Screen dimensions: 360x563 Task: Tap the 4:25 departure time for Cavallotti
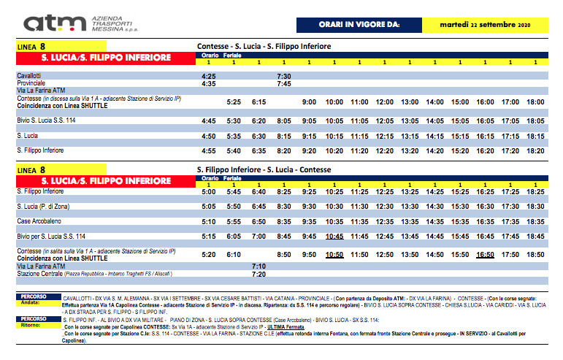coord(209,75)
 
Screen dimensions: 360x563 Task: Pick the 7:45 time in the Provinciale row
coord(284,83)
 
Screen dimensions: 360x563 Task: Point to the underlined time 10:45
coord(334,237)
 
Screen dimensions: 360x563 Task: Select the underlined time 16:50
coord(485,255)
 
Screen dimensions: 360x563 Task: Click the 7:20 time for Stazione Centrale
coord(258,275)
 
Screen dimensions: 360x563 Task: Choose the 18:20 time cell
coord(535,151)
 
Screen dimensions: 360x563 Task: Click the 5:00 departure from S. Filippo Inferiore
coord(209,191)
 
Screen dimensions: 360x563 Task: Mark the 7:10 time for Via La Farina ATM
coord(258,267)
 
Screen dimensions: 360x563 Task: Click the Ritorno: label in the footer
coord(30,326)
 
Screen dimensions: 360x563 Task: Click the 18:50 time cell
coord(535,255)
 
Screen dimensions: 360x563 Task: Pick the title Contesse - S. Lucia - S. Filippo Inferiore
coord(264,46)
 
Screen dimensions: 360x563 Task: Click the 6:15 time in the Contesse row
coord(258,102)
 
